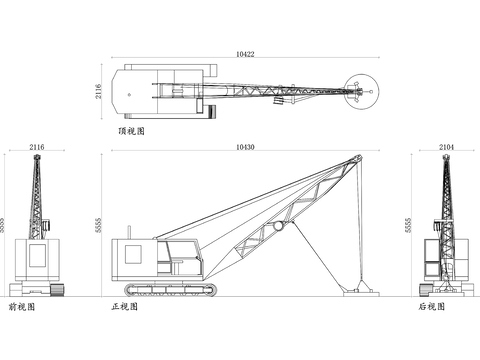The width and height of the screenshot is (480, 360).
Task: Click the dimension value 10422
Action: tap(244, 53)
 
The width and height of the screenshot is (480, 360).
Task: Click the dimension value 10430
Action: tap(244, 146)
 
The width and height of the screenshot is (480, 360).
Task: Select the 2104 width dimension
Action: tap(445, 146)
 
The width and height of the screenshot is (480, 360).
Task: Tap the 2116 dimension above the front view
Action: tap(37, 146)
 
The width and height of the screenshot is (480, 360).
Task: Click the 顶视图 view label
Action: tap(130, 131)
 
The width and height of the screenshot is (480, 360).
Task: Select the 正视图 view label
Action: tap(124, 307)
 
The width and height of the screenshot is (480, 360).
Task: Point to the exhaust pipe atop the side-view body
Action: tap(129, 233)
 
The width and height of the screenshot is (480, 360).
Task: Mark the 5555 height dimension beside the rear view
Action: tap(408, 226)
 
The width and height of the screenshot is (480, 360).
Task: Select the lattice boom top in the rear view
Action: tap(445, 165)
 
